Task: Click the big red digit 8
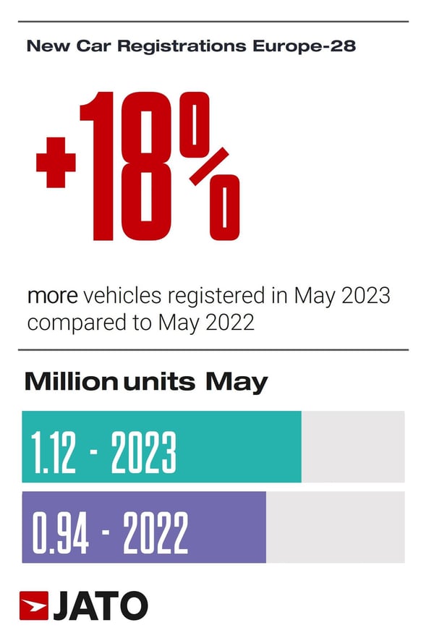[x=147, y=166]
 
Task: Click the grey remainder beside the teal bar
[x=353, y=446]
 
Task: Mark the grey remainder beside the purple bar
[x=335, y=527]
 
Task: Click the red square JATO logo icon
[x=33, y=605]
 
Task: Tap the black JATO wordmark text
[x=100, y=605]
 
